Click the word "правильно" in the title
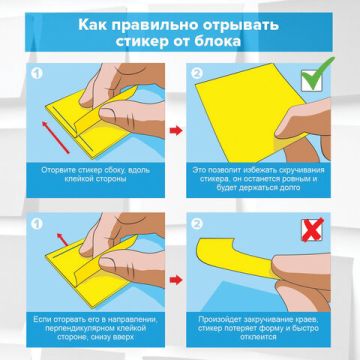(x=154, y=21)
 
